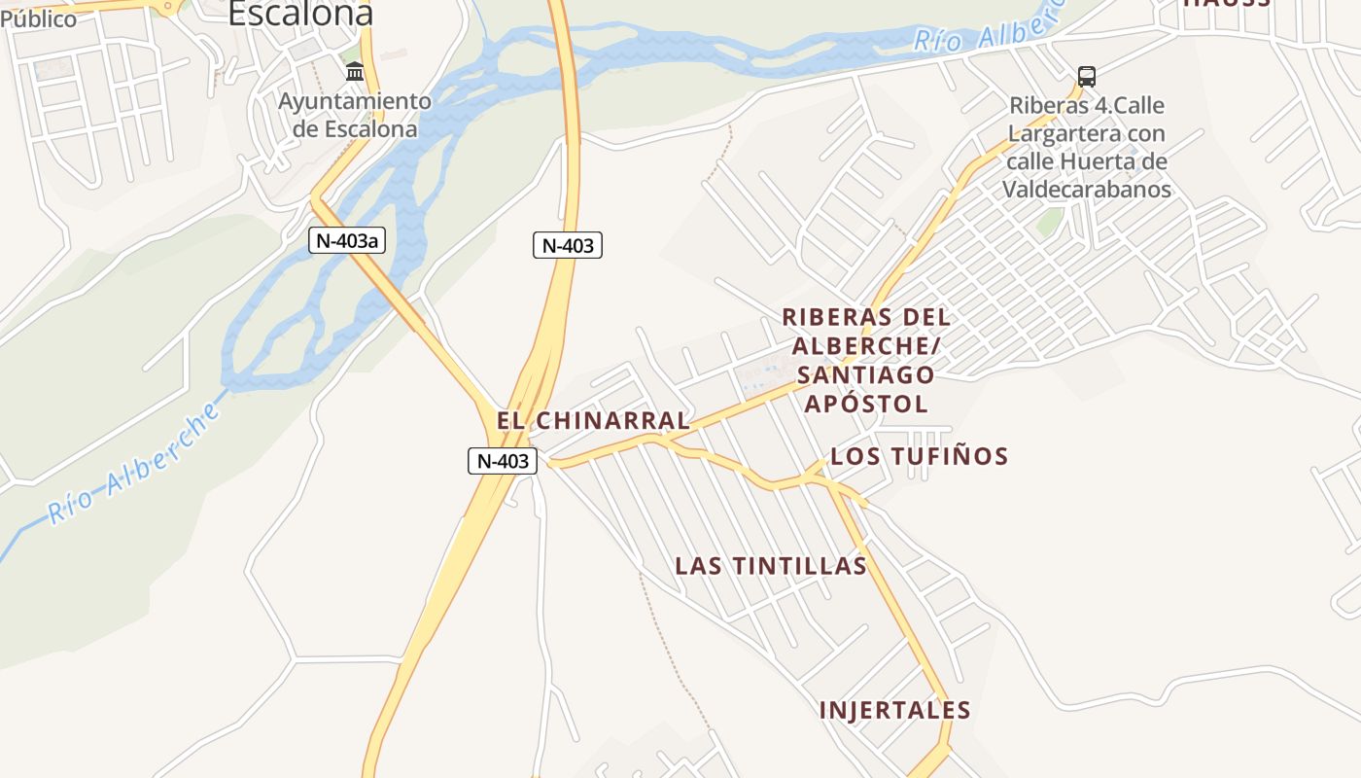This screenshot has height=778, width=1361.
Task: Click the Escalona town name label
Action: [300, 13]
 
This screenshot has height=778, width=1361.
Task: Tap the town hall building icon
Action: [355, 72]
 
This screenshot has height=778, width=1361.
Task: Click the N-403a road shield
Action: [347, 240]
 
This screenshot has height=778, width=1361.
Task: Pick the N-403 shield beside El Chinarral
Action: [503, 461]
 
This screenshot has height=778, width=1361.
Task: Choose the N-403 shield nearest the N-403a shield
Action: [568, 245]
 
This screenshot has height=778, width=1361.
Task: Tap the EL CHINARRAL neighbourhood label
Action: [593, 421]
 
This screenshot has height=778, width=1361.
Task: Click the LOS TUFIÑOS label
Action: [919, 456]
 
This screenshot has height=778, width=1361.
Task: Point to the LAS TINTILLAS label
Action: [771, 566]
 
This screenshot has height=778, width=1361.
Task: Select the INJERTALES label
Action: [894, 711]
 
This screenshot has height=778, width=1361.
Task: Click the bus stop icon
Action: [1087, 76]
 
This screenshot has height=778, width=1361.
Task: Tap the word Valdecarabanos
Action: [1087, 189]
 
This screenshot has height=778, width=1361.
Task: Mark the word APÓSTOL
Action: [866, 404]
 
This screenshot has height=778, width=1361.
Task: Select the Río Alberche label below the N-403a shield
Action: [134, 465]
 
